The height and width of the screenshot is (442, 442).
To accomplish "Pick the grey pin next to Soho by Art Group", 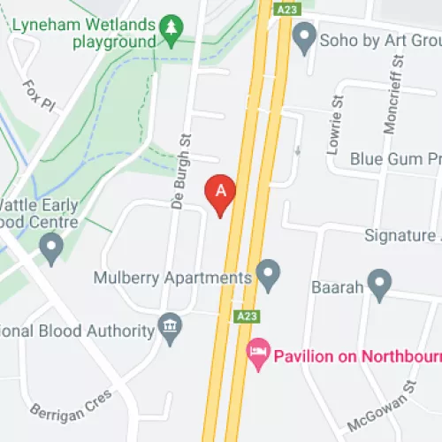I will click(304, 38).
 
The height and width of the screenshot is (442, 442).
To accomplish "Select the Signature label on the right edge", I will click(402, 236).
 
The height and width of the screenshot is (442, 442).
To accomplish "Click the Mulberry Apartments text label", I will click(173, 278).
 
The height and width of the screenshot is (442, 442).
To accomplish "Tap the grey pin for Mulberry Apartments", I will click(268, 276).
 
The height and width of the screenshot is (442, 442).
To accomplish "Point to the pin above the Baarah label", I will click(379, 285).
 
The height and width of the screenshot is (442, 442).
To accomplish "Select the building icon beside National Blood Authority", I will click(169, 330).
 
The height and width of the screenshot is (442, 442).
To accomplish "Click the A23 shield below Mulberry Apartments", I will click(247, 316).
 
